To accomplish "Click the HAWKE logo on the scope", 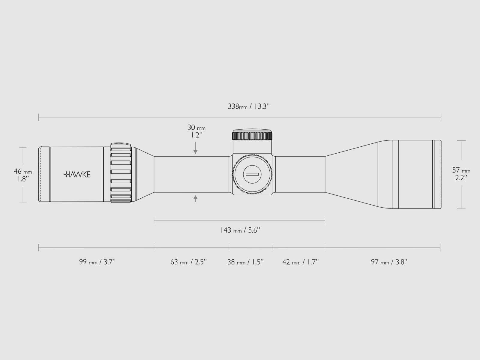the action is point(77,174).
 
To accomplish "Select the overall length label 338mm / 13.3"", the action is point(249,106).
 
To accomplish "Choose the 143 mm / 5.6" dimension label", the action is point(240,230).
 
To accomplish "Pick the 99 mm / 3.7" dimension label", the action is point(97,262).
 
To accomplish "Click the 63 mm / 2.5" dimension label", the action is point(188,262).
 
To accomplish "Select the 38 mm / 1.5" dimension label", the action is point(245,262).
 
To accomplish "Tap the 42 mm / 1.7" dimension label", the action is point(301,262).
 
